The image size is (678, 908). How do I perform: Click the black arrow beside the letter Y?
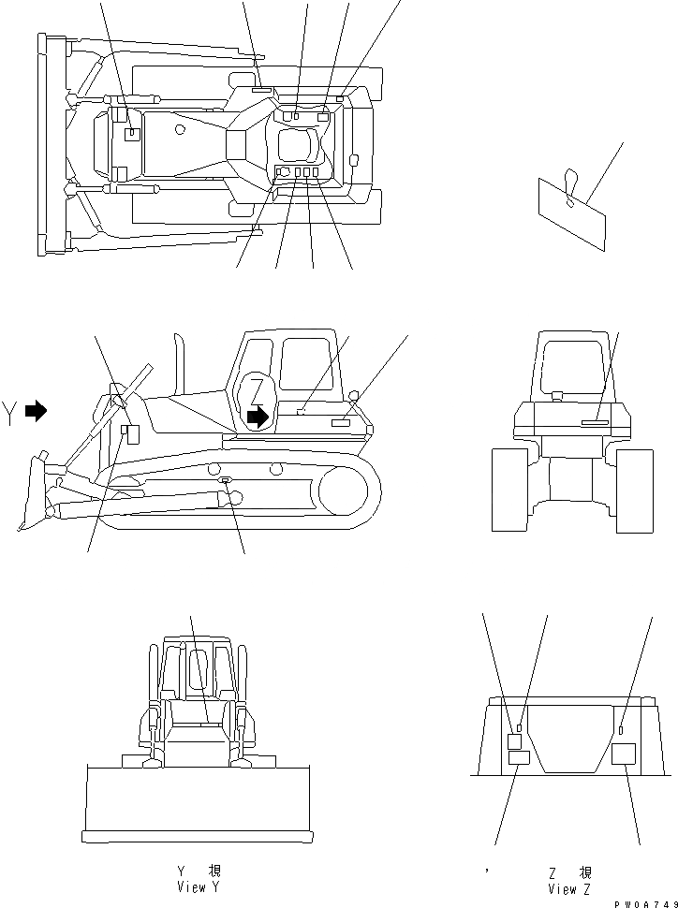pos(36,410)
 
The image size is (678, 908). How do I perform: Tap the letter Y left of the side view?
pos(10,412)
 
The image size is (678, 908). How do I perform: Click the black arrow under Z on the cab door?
pos(257,417)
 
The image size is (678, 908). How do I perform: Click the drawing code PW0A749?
pos(645,902)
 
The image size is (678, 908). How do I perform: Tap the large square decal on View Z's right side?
pos(623,754)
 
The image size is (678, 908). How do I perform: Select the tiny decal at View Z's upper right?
pos(621,729)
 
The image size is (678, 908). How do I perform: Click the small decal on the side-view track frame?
pos(226,481)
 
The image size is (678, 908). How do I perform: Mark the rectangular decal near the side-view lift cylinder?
pos(131,433)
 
